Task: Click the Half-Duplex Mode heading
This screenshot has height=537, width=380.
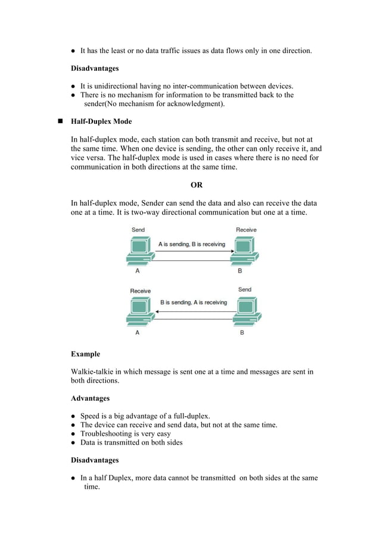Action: pyautogui.click(x=101, y=121)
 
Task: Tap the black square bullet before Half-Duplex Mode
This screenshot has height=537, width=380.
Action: pyautogui.click(x=60, y=121)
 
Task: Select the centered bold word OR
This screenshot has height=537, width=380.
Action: pyautogui.click(x=196, y=185)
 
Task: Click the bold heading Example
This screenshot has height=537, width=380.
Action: pyautogui.click(x=86, y=354)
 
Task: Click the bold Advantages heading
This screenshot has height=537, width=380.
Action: pyautogui.click(x=91, y=398)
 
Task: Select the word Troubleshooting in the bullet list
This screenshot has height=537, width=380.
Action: pyautogui.click(x=108, y=433)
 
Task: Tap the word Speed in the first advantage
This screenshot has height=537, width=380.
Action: pyautogui.click(x=91, y=416)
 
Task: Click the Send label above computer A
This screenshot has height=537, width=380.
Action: pyautogui.click(x=138, y=230)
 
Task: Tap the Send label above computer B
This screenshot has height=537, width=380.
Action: pyautogui.click(x=244, y=290)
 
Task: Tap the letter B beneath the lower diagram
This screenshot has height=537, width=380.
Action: pyautogui.click(x=242, y=333)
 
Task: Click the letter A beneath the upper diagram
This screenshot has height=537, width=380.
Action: pyautogui.click(x=138, y=271)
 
